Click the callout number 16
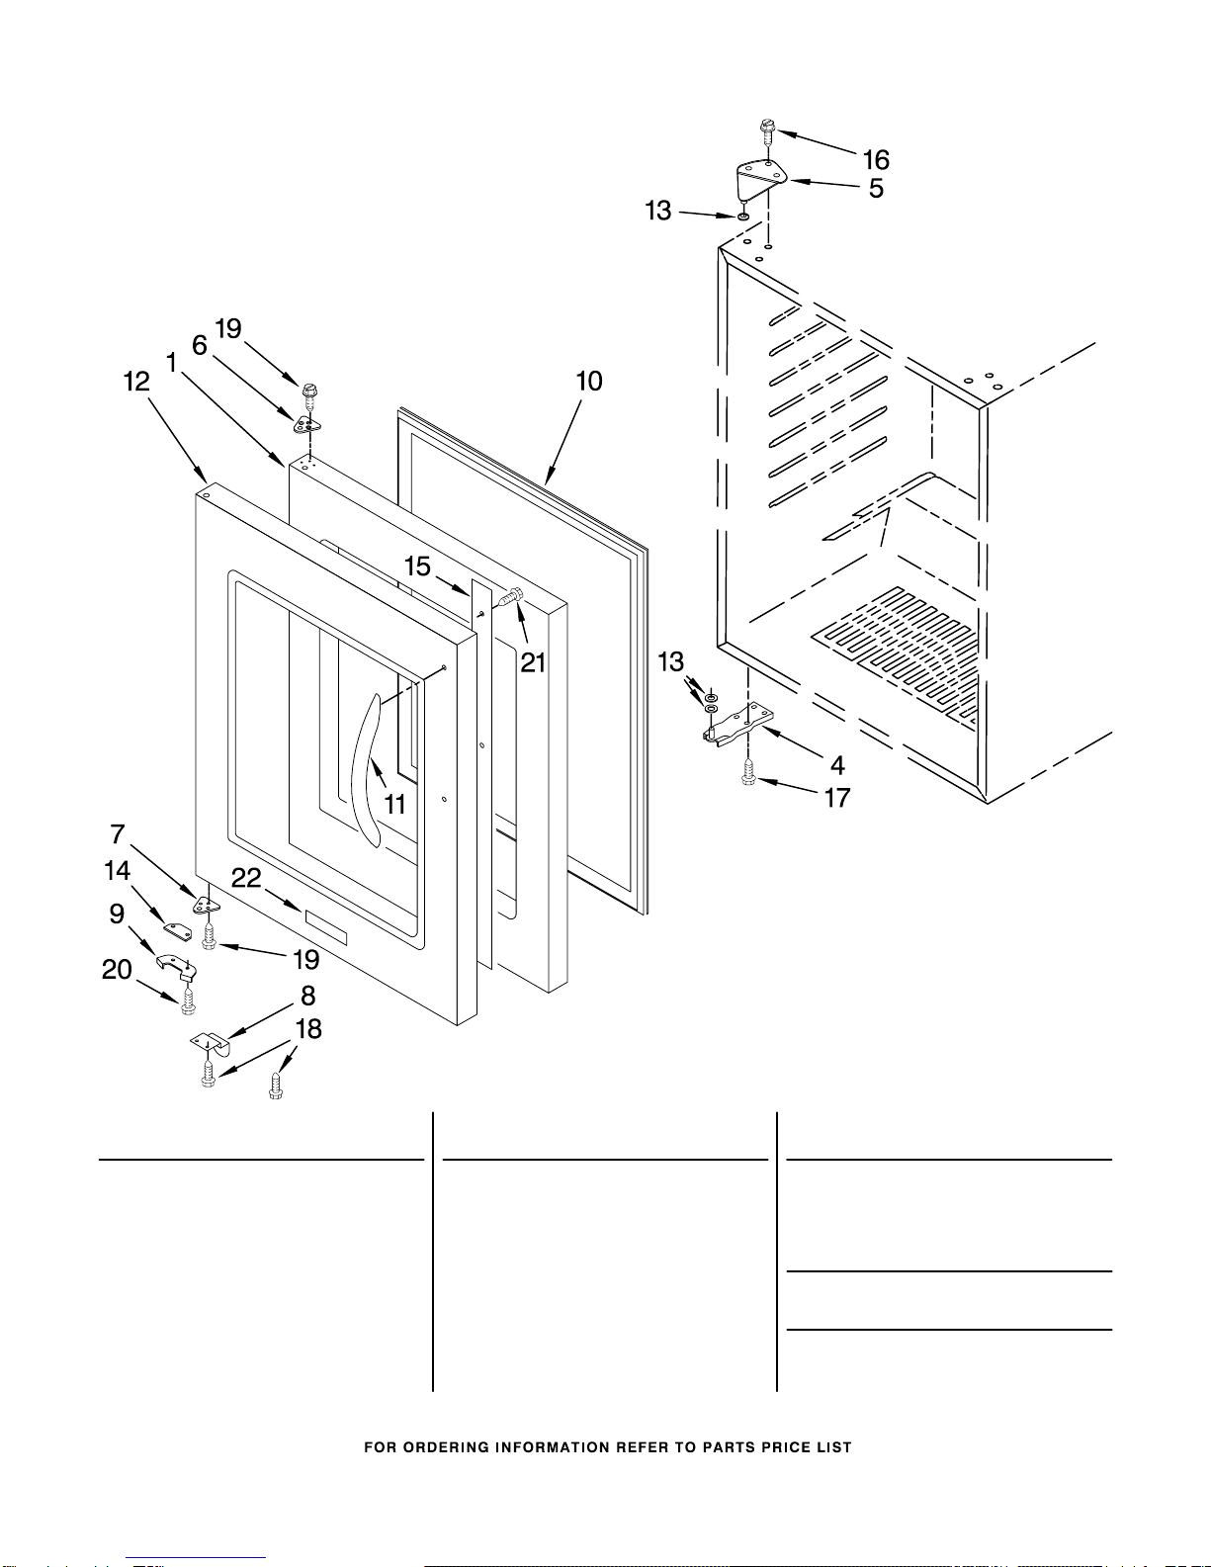pyautogui.click(x=876, y=160)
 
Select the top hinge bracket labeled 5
pyautogui.click(x=760, y=179)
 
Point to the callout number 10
pyautogui.click(x=589, y=382)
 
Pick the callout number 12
pyautogui.click(x=136, y=382)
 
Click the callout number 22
pyautogui.click(x=246, y=878)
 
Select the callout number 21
pyautogui.click(x=533, y=662)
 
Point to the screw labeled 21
pyautogui.click(x=512, y=597)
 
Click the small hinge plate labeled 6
pyautogui.click(x=308, y=425)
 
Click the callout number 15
pyautogui.click(x=417, y=566)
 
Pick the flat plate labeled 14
pyautogui.click(x=177, y=930)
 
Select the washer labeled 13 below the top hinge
pyautogui.click(x=742, y=216)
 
